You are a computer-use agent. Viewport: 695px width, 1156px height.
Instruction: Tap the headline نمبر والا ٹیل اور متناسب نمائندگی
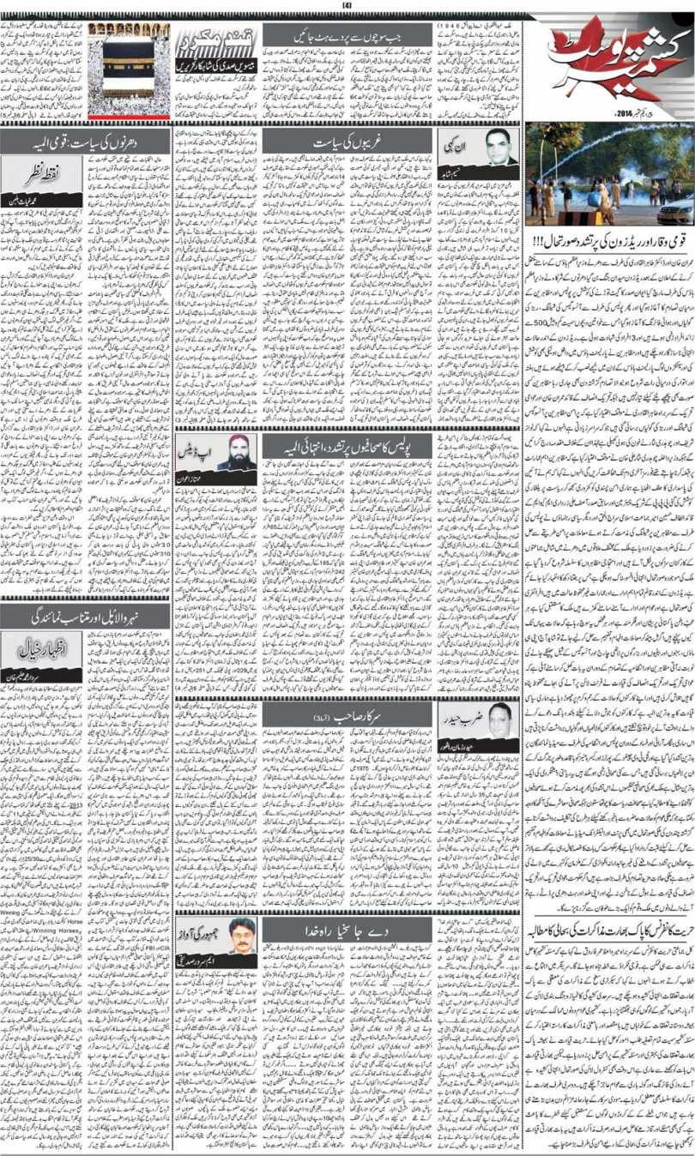tap(85, 616)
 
